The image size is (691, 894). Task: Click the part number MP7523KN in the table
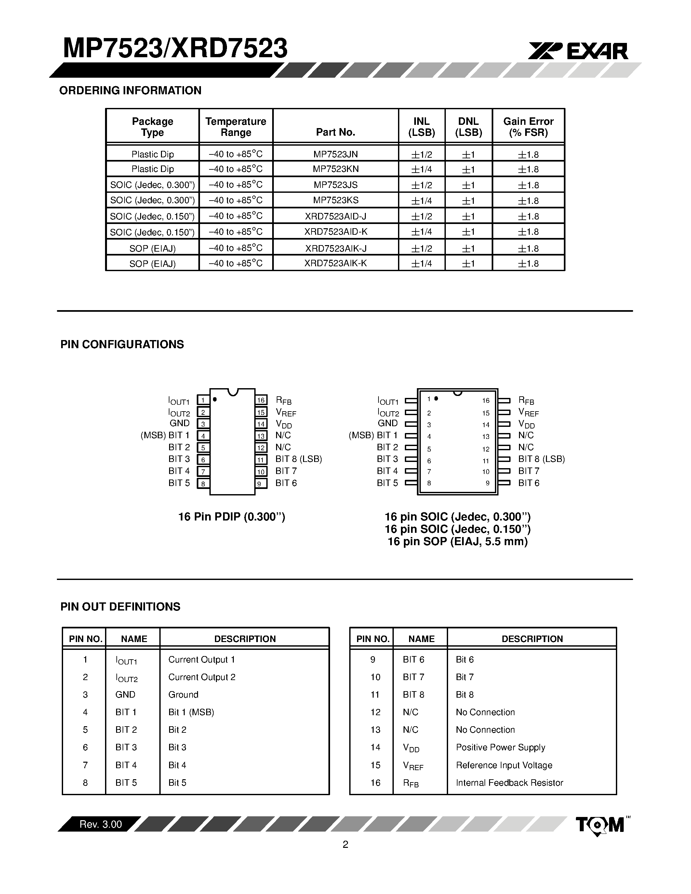pos(336,169)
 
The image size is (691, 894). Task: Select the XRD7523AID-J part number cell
pos(336,216)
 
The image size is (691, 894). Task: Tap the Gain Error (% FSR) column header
pos(528,127)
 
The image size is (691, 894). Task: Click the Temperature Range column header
pos(236,127)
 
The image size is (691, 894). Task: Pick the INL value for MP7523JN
pos(422,155)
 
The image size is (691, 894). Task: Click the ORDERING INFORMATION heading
pos(130,90)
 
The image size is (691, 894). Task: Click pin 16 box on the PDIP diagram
pos(261,400)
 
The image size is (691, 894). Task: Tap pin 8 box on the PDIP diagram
pos(203,483)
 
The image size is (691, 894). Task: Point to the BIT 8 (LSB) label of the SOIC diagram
pos(541,459)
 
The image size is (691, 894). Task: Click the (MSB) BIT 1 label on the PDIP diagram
pos(165,435)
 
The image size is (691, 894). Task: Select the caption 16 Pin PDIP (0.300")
pos(232,517)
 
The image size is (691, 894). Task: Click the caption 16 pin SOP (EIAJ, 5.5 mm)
pos(457,542)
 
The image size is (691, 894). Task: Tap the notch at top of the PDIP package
pos(233,392)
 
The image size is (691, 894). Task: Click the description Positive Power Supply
pos(500,747)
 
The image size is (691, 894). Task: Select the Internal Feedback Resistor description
pos(509,783)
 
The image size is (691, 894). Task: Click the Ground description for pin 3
pos(183,695)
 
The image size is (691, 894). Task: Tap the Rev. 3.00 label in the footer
pos(101,824)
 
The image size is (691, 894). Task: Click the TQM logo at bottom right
pos(600,825)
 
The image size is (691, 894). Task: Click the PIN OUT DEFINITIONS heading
pos(120,607)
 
